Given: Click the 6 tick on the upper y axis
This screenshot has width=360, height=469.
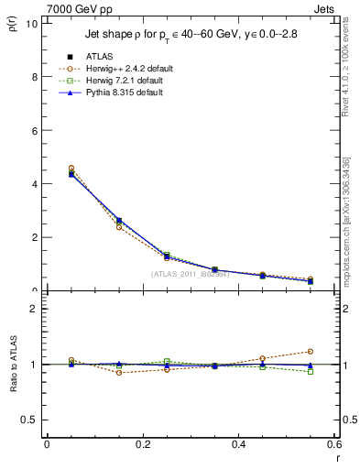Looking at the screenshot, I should pos(35,130).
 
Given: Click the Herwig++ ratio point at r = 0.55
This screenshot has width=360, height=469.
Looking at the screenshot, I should pos(311,351).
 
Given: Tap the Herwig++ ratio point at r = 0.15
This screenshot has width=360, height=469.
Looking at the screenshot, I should pos(118,373).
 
